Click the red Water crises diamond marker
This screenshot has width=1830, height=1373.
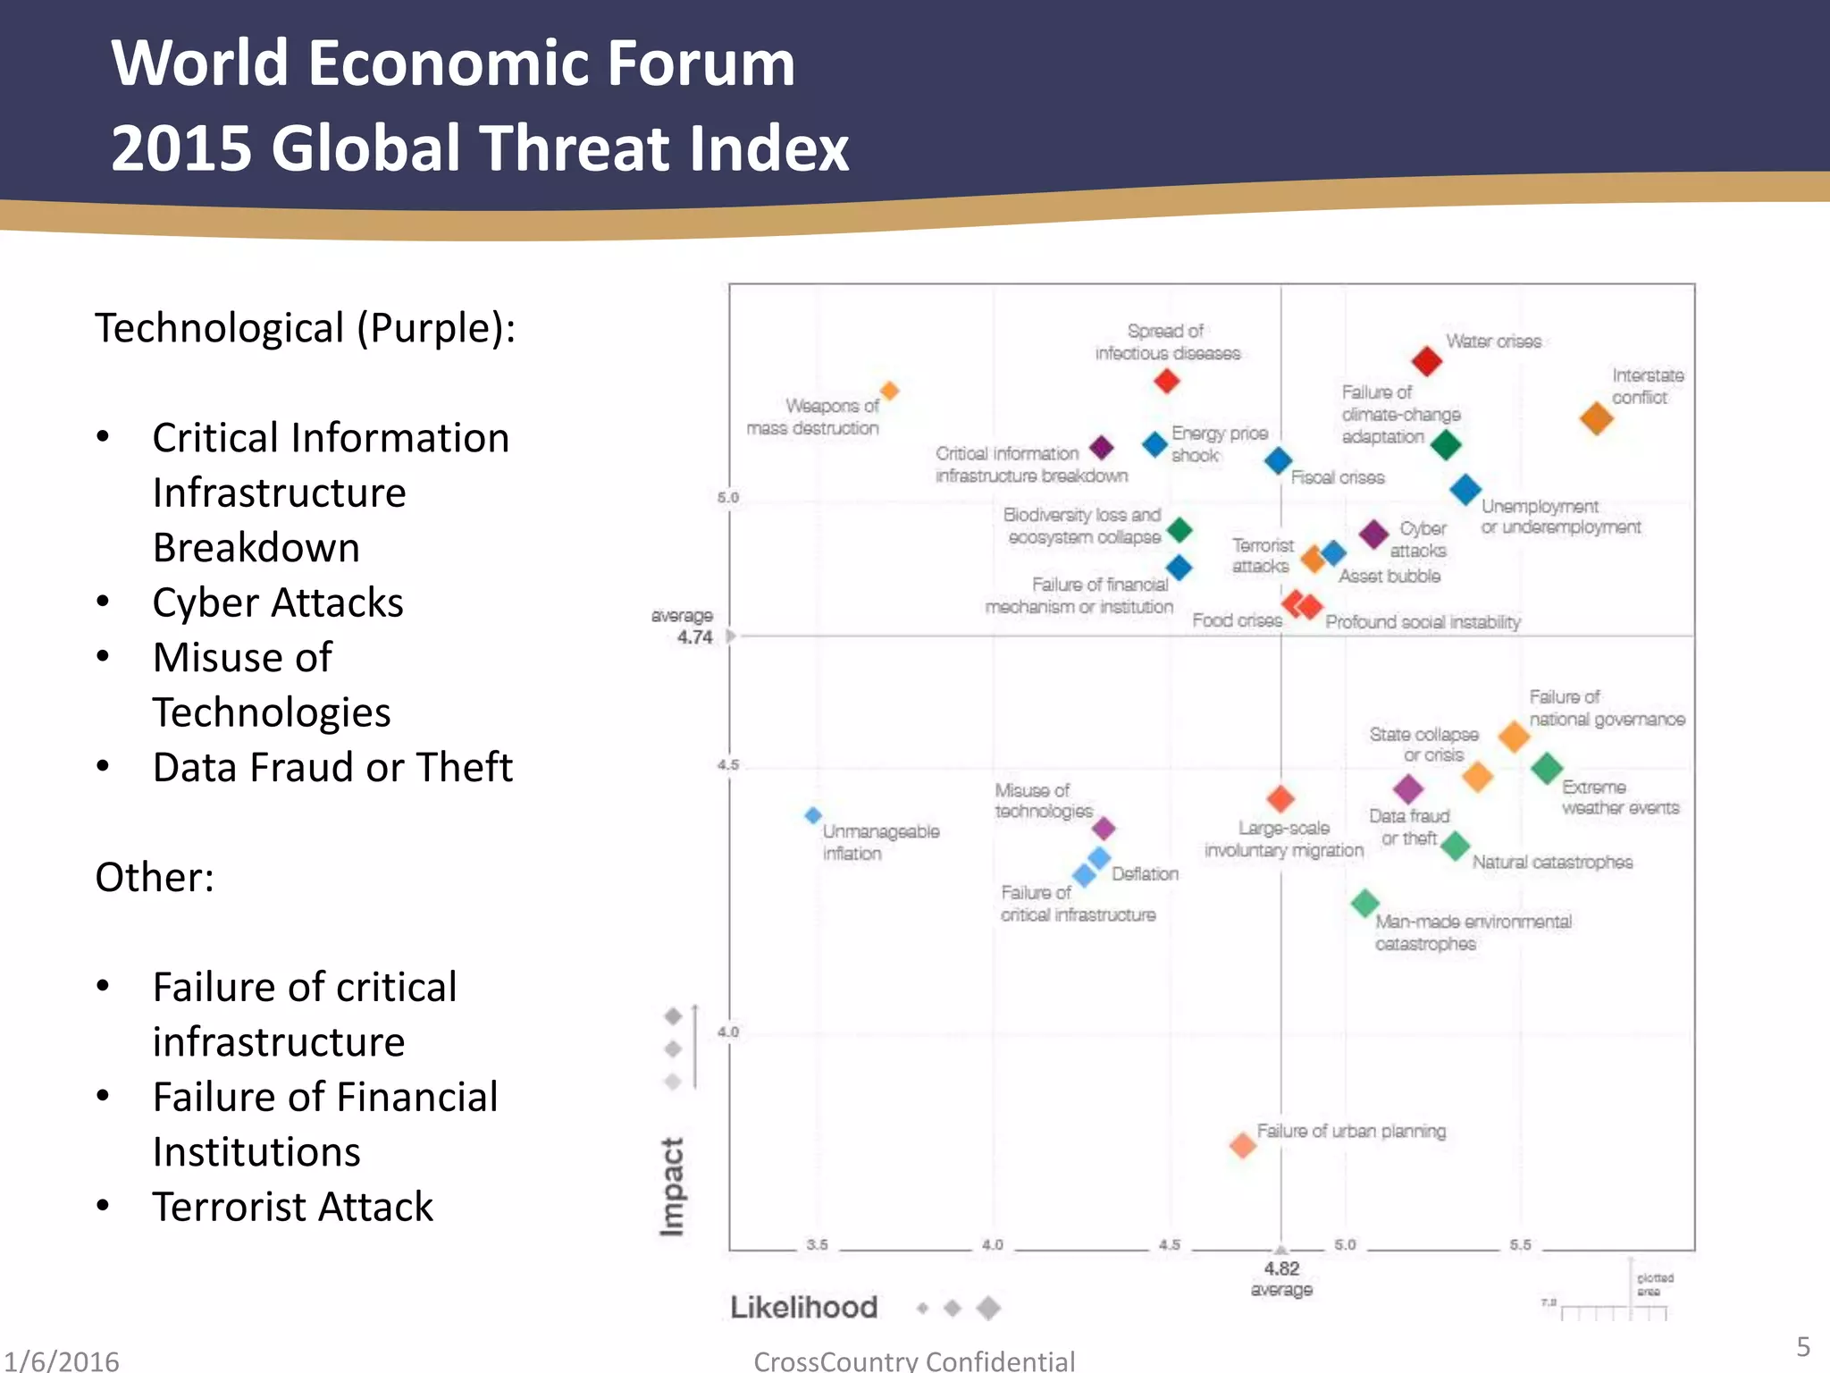[1426, 361]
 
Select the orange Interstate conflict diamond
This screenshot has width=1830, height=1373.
[1596, 417]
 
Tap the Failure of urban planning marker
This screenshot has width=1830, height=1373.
[1242, 1145]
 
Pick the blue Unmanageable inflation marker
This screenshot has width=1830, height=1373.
[813, 815]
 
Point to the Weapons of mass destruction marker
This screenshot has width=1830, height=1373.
[889, 391]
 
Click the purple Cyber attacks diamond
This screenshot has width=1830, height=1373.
[1373, 534]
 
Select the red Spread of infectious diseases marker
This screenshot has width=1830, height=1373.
[1166, 381]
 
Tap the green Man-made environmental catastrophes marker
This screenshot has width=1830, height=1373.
[1364, 903]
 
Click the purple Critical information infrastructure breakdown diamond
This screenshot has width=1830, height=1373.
[1102, 447]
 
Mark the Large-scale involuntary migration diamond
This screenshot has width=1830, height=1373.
[1280, 798]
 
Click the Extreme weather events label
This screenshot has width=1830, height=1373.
[1620, 797]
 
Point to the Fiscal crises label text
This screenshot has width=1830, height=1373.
[1337, 477]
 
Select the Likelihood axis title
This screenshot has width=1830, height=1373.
[803, 1307]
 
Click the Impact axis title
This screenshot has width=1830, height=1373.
[672, 1186]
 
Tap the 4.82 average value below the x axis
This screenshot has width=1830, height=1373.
[1281, 1268]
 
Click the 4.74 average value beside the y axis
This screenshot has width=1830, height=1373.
[694, 637]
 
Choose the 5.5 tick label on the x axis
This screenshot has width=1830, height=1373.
[1520, 1244]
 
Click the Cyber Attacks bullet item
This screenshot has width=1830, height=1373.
[278, 602]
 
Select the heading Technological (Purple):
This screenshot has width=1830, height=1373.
[306, 328]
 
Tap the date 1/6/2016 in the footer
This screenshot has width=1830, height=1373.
[61, 1360]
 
